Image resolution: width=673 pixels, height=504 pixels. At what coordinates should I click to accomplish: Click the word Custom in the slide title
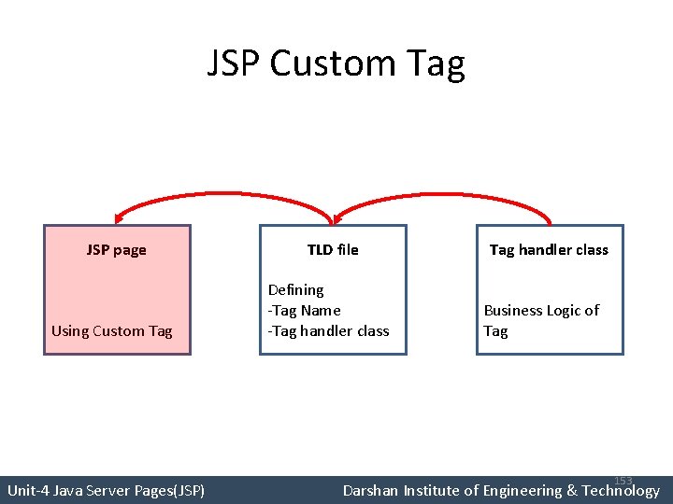click(x=333, y=64)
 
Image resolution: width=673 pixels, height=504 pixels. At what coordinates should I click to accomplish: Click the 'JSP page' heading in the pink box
click(x=116, y=250)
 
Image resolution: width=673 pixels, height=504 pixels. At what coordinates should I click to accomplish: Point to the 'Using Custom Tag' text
click(x=112, y=330)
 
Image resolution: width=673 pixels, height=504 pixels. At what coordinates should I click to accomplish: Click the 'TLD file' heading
click(x=333, y=250)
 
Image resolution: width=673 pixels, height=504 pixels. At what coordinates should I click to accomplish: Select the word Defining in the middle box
click(x=295, y=290)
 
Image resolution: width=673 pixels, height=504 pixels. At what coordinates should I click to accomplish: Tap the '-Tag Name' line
click(x=305, y=310)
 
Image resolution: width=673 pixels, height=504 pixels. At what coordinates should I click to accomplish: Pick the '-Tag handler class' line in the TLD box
click(x=329, y=330)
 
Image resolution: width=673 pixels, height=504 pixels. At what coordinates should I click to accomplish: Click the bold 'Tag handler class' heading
click(x=549, y=250)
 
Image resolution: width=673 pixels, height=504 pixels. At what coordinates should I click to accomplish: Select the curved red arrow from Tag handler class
click(x=449, y=194)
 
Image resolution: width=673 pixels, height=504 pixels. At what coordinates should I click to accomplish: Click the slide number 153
click(x=623, y=481)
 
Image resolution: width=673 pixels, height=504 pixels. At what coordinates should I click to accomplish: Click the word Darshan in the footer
click(x=371, y=490)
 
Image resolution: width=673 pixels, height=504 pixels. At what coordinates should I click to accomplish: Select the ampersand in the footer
click(x=571, y=490)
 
